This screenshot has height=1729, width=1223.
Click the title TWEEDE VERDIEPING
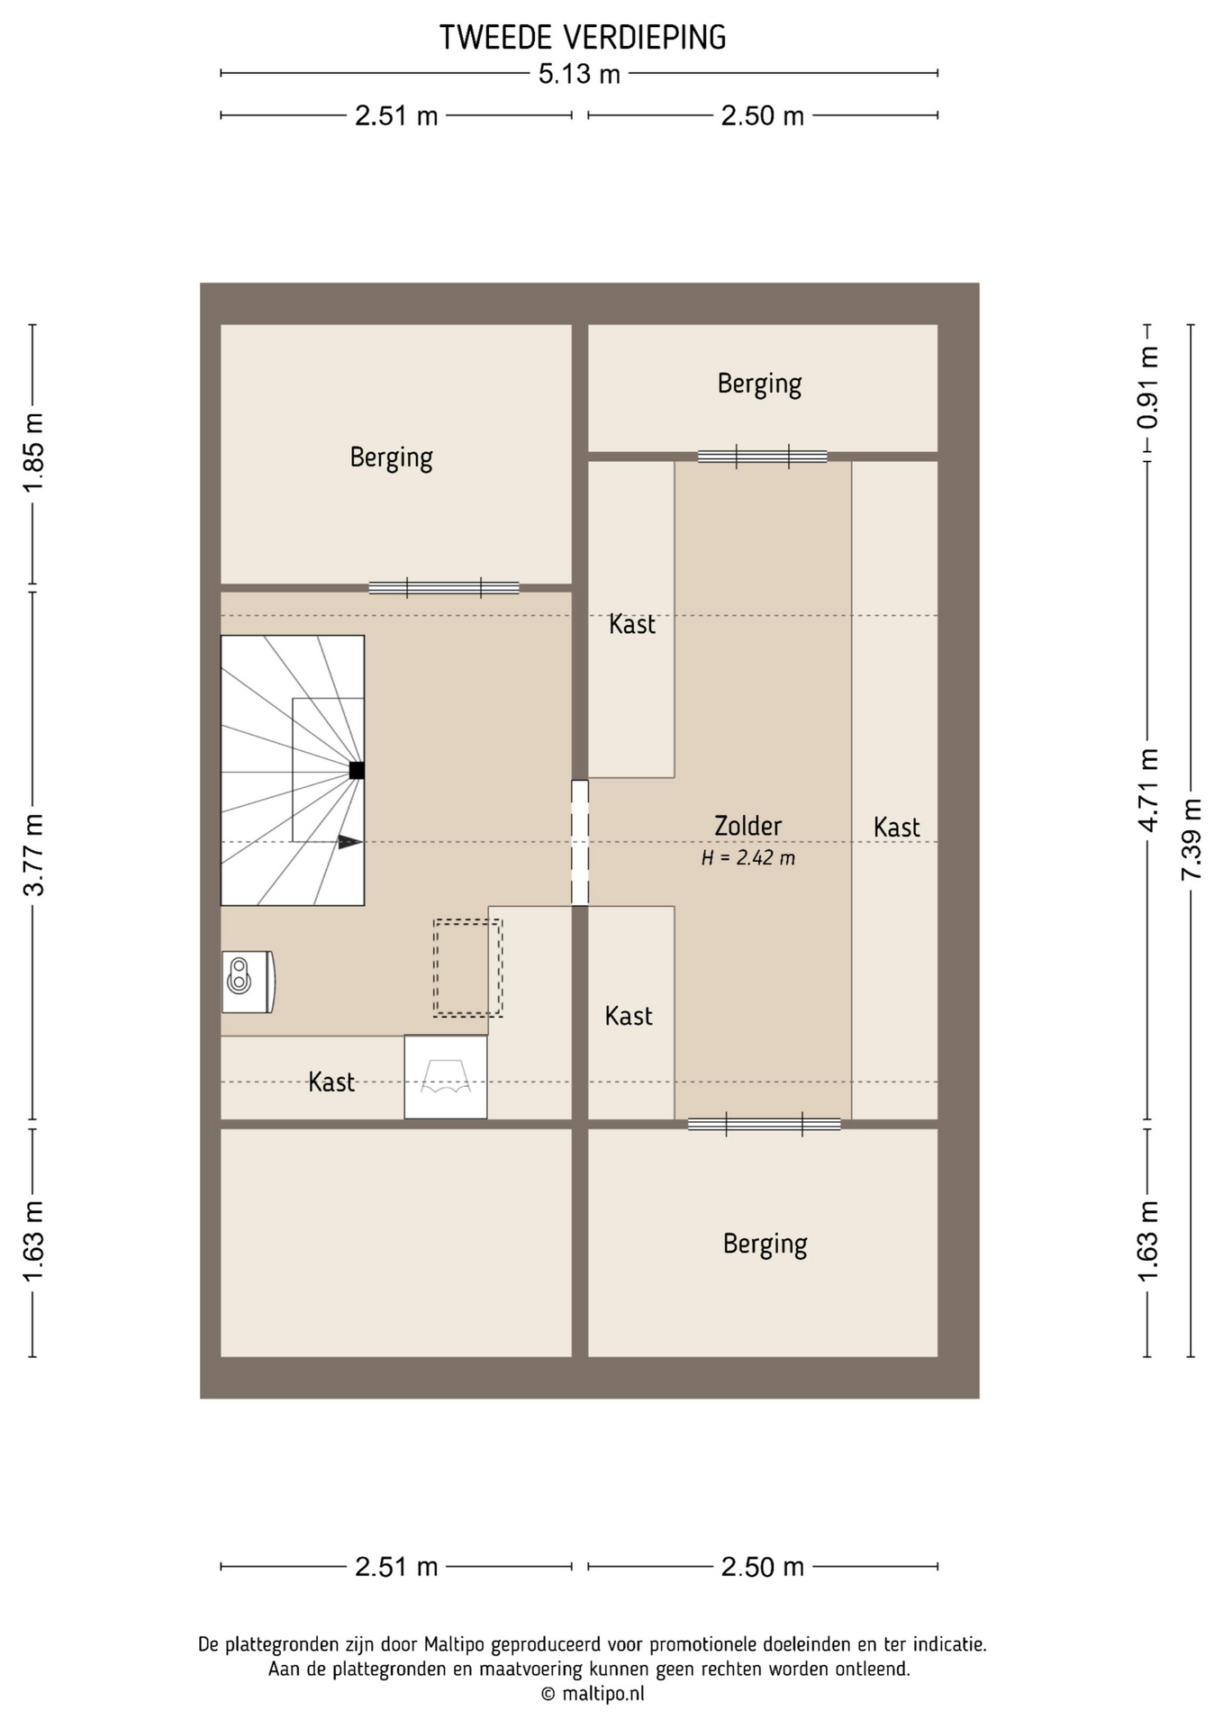(583, 38)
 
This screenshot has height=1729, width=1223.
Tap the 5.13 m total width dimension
(579, 73)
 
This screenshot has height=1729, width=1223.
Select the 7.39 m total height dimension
(1191, 839)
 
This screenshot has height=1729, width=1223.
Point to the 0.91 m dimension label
(1147, 388)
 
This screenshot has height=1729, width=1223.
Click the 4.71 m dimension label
(1147, 791)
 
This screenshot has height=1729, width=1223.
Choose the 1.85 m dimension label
(33, 453)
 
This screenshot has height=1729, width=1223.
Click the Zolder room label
(747, 826)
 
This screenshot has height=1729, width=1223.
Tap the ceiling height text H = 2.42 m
(748, 858)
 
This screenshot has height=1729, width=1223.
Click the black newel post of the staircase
(357, 770)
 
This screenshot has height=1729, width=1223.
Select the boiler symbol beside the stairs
(248, 982)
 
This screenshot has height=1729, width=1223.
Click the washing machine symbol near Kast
(446, 1077)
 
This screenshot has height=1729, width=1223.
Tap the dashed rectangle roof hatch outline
(467, 968)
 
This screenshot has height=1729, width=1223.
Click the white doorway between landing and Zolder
(580, 843)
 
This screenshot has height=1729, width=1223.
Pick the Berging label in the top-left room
(392, 458)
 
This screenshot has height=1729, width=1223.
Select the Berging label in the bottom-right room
(765, 1245)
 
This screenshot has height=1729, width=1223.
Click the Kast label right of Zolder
(897, 828)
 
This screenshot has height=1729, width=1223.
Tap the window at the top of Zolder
(762, 457)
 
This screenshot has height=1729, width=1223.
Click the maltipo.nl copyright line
(593, 1694)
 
